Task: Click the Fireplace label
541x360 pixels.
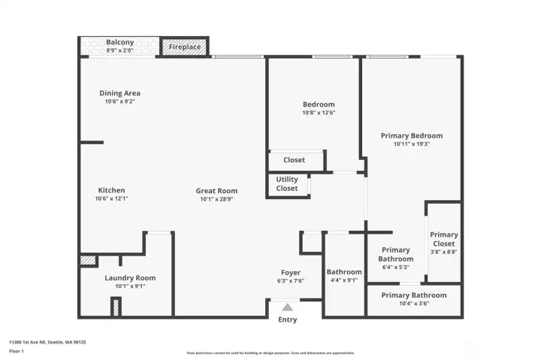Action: (x=184, y=47)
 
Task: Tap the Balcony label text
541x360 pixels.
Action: (x=120, y=42)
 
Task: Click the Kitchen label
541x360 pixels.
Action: (x=111, y=190)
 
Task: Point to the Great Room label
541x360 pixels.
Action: (x=216, y=191)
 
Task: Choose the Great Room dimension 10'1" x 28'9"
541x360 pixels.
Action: (x=216, y=200)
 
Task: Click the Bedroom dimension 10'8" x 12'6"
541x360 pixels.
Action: (x=319, y=113)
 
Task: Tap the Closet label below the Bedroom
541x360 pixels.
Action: (x=294, y=160)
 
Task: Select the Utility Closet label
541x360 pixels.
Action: (x=287, y=184)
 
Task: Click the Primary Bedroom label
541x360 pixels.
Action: (x=411, y=136)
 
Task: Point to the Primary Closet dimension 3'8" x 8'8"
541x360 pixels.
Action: (x=443, y=252)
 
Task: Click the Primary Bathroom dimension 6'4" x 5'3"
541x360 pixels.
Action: (x=395, y=267)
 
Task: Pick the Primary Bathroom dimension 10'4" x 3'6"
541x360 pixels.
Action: (x=413, y=304)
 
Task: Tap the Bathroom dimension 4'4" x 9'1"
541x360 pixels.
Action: (x=344, y=280)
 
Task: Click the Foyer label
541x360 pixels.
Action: (x=291, y=273)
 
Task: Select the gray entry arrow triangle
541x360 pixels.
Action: (x=287, y=307)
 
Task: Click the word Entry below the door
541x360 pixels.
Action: (x=287, y=319)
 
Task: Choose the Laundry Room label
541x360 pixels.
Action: (x=130, y=278)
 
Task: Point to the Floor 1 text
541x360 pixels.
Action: (x=17, y=351)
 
